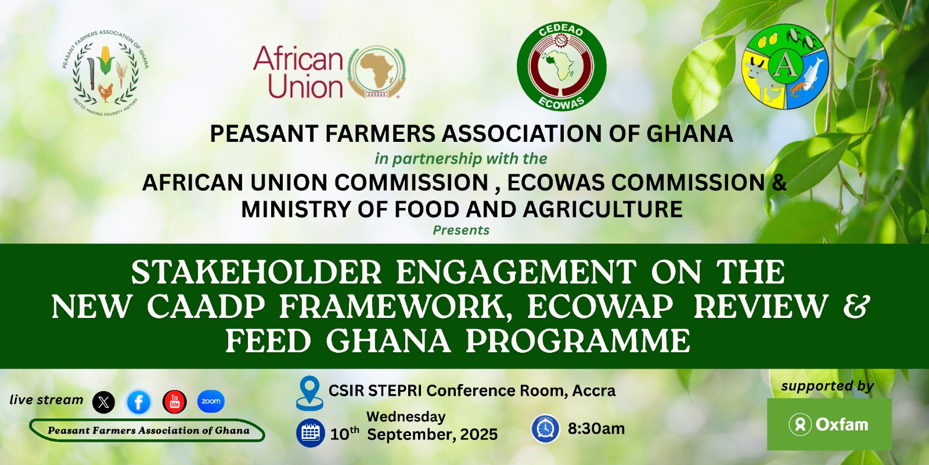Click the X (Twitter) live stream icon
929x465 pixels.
104,402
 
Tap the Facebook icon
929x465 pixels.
139,402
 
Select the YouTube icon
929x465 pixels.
175,402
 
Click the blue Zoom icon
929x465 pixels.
211,402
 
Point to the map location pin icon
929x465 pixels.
309,393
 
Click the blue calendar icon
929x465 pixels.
310,433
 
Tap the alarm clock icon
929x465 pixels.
545,428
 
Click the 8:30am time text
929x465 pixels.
596,428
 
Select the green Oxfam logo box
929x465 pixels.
829,424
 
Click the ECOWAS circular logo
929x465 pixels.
561,66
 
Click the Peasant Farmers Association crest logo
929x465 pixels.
105,72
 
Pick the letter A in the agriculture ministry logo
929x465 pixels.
783,66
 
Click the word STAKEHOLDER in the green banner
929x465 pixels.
256,273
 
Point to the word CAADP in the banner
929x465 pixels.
206,307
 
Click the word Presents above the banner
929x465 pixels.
461,230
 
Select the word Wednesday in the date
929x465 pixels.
406,416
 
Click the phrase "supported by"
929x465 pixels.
827,387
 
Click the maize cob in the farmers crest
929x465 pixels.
106,59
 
